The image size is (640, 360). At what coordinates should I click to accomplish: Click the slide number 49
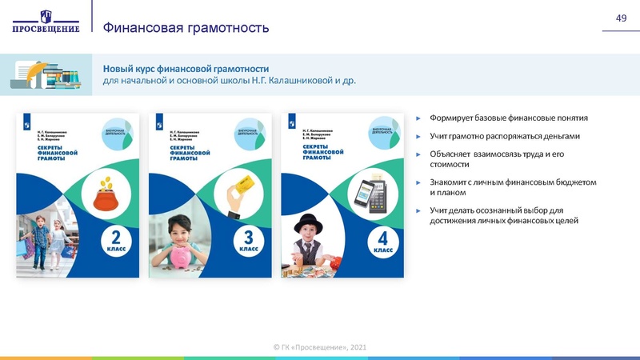[620, 18]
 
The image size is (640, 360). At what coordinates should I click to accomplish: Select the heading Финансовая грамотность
[186, 28]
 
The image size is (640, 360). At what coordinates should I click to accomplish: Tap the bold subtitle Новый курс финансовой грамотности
[186, 68]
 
